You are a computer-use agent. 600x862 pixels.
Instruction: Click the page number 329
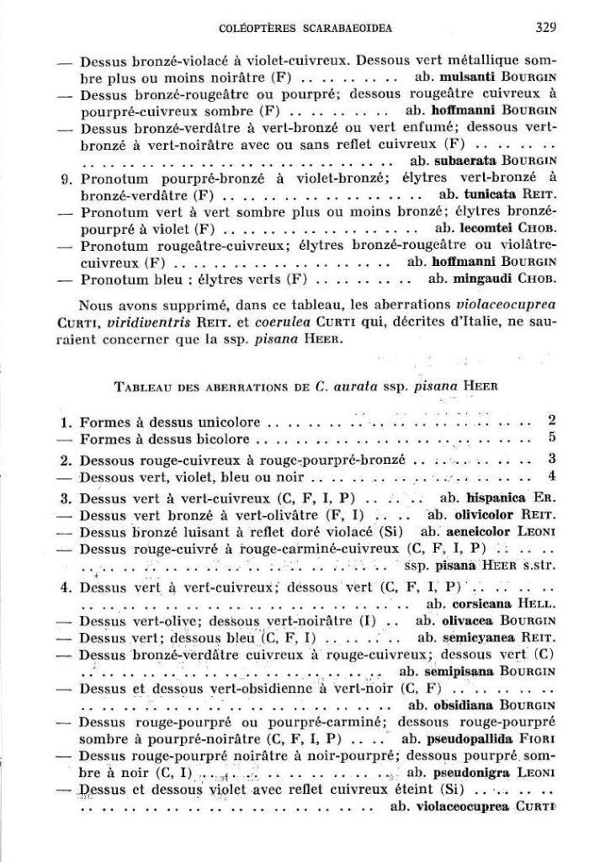point(544,28)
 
